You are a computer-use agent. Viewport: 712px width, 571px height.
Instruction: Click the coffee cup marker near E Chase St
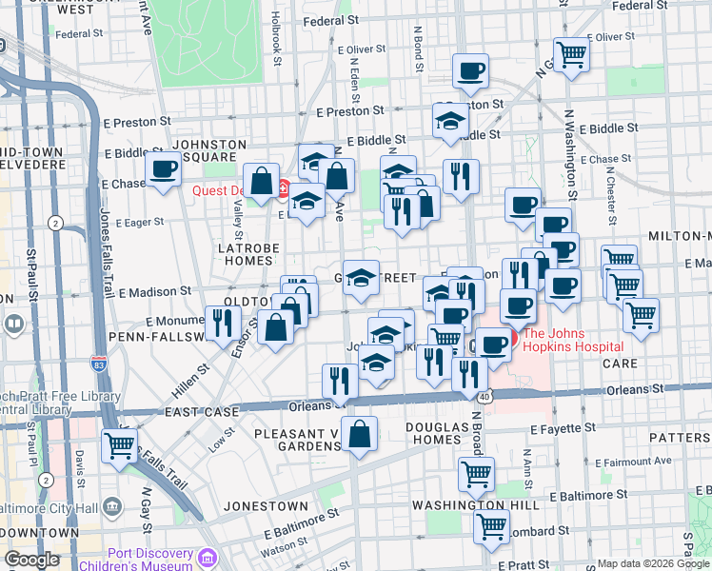tap(163, 171)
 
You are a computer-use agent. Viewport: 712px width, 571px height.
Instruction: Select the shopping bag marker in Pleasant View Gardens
tap(362, 434)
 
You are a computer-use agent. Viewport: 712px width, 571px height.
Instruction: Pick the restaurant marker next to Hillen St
tap(223, 323)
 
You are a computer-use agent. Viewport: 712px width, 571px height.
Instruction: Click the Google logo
tap(32, 560)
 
